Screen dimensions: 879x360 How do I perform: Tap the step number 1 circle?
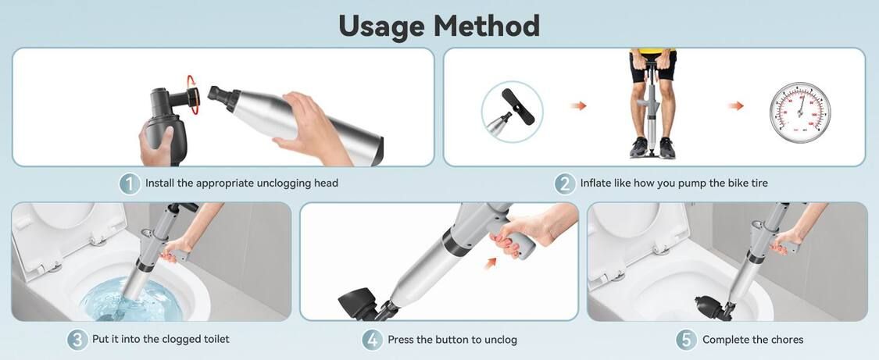tap(130, 183)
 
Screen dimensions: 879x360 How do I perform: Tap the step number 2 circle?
tap(564, 183)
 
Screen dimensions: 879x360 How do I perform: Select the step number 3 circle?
tap(77, 339)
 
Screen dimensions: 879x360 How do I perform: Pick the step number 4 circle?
tap(372, 340)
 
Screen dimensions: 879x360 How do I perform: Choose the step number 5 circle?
tap(687, 340)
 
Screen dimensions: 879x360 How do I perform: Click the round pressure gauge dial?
tap(800, 112)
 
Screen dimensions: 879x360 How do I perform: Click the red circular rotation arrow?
tap(192, 94)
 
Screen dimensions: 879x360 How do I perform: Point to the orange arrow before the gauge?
tap(736, 105)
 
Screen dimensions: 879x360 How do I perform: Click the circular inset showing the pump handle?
tap(512, 112)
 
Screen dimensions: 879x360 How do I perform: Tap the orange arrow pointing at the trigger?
tap(491, 262)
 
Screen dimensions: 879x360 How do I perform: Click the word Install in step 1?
tap(159, 183)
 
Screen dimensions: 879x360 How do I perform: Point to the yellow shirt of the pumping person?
tap(652, 51)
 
